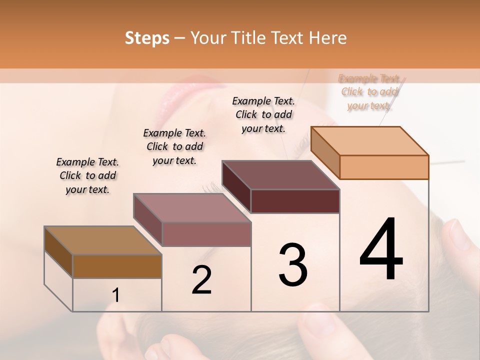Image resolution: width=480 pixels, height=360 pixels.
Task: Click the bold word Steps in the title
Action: (x=147, y=38)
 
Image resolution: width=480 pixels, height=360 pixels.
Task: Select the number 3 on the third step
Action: (x=292, y=265)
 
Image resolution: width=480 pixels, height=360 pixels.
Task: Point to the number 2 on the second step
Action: (x=201, y=280)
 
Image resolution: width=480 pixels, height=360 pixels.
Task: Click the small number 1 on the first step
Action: (x=115, y=295)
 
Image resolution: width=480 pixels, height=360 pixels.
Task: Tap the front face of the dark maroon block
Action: (x=295, y=201)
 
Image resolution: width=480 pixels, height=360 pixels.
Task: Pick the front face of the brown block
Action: (x=117, y=266)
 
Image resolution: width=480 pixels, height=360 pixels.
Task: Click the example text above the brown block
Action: (x=87, y=175)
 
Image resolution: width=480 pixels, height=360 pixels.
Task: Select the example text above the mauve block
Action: (x=174, y=146)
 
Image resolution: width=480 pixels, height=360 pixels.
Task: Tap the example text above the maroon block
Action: (x=263, y=114)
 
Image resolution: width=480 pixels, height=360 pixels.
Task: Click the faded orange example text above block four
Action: (x=369, y=92)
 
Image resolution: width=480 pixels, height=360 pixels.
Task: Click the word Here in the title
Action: (x=327, y=38)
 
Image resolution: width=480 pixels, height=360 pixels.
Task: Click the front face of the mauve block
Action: (x=206, y=234)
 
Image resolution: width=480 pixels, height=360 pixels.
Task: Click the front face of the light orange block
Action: (x=384, y=167)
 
